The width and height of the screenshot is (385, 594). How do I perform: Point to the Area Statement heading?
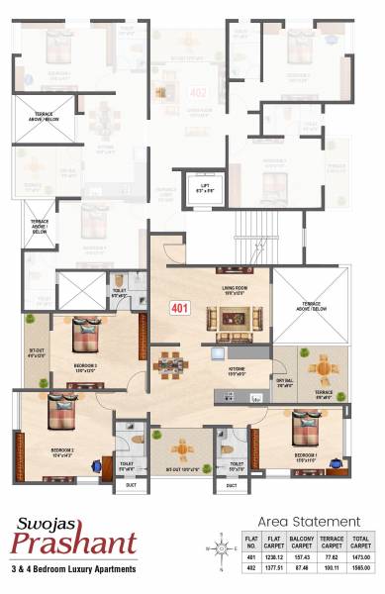[309, 521]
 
